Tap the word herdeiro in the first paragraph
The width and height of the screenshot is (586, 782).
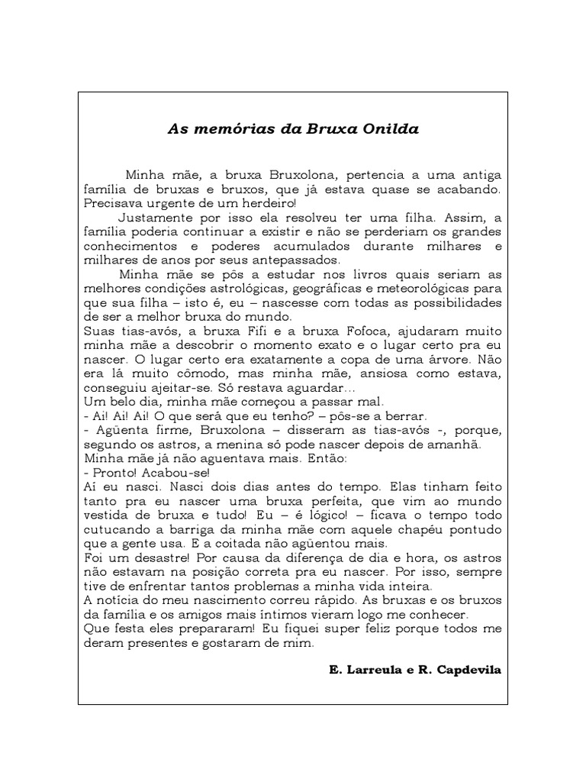coord(267,204)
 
